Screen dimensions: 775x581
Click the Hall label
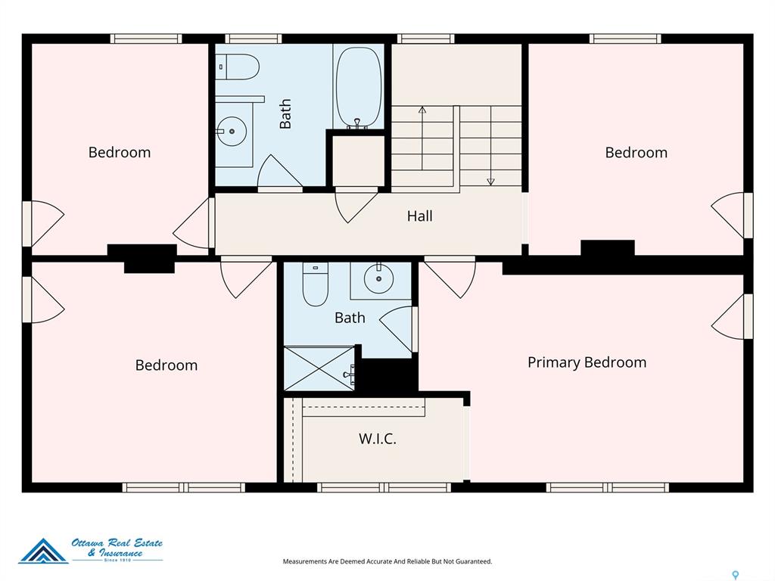[419, 216]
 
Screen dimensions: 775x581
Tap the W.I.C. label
[378, 438]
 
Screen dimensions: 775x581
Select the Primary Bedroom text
[587, 362]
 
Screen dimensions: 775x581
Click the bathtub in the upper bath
[359, 88]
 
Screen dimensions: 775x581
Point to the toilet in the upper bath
[238, 67]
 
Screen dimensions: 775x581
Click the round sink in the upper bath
[232, 132]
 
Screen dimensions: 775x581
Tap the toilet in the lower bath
[316, 284]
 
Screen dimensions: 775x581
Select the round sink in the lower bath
[378, 278]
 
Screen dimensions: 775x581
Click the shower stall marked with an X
[319, 368]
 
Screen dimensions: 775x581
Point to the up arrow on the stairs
[422, 138]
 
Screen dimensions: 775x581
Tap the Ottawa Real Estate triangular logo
[43, 551]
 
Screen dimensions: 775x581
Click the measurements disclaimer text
[387, 561]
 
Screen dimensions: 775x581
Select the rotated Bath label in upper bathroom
[285, 113]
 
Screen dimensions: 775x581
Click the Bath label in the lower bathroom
[350, 318]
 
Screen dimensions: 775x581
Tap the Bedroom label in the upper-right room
[636, 152]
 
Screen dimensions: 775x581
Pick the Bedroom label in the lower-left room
[166, 365]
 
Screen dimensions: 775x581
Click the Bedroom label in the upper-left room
[119, 152]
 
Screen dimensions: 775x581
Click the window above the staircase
[425, 39]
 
